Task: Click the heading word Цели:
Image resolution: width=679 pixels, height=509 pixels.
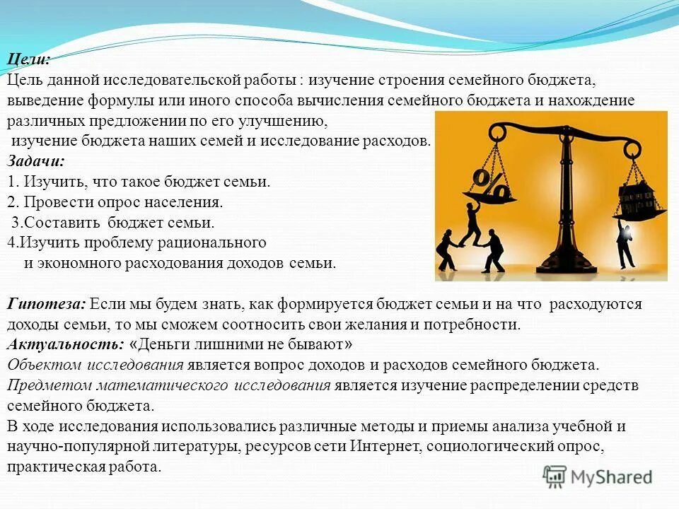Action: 29,60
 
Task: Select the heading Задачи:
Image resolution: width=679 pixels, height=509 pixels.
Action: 35,160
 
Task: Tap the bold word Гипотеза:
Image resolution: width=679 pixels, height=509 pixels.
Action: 47,305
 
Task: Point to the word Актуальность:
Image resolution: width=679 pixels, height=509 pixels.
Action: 66,345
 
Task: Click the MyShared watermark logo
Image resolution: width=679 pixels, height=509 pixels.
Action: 598,476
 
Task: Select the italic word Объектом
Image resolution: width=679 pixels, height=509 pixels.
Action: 45,365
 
